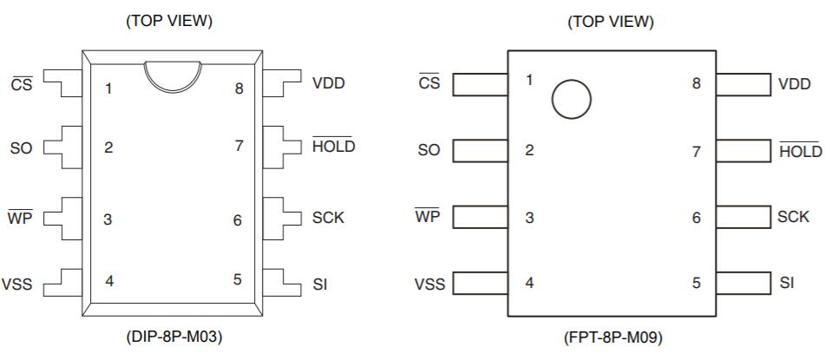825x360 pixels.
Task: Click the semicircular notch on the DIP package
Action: pyautogui.click(x=172, y=74)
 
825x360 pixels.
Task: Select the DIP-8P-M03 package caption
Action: pyautogui.click(x=173, y=337)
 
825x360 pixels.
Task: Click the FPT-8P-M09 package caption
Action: pyautogui.click(x=612, y=337)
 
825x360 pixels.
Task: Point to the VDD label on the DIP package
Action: pyautogui.click(x=329, y=83)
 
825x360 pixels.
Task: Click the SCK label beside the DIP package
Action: pyautogui.click(x=328, y=217)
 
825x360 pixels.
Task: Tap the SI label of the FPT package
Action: pyautogui.click(x=787, y=283)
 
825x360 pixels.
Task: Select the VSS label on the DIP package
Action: pyautogui.click(x=17, y=283)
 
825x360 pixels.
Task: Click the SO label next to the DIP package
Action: pyautogui.click(x=21, y=148)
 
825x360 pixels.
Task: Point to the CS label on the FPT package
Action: pyautogui.click(x=429, y=83)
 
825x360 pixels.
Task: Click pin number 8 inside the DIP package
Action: pyautogui.click(x=239, y=88)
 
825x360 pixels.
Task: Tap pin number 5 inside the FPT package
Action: pyautogui.click(x=696, y=283)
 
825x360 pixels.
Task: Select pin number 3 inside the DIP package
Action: pyautogui.click(x=108, y=219)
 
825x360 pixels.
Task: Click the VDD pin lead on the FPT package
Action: pyautogui.click(x=743, y=84)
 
